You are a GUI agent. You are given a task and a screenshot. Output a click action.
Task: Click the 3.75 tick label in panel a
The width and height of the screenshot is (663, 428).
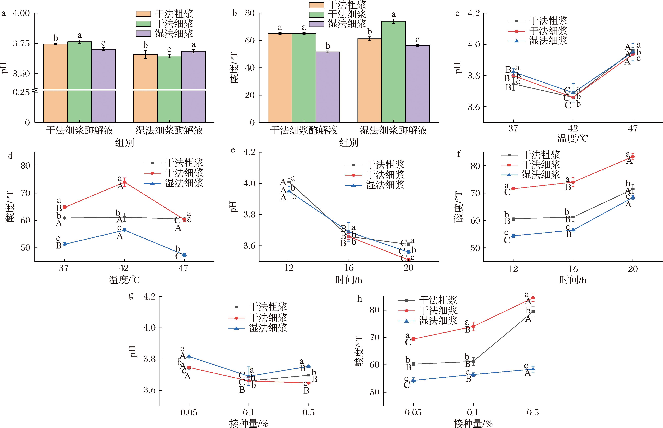tap(21, 44)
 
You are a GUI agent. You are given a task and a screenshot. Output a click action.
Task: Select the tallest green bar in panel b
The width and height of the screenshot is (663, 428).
tap(393, 72)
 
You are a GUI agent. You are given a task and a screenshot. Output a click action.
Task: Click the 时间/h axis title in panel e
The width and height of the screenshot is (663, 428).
tap(349, 280)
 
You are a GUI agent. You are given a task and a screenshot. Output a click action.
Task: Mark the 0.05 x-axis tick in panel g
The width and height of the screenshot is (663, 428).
tap(189, 412)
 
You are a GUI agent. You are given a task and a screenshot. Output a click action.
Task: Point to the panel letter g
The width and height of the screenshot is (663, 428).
tap(131, 296)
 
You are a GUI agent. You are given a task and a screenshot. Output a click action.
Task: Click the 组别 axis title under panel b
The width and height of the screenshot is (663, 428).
tap(349, 143)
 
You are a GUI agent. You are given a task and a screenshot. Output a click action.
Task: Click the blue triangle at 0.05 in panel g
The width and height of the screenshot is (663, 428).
tap(189, 356)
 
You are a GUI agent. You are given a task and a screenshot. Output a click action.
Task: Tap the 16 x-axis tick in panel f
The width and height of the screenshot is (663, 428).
tap(573, 269)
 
